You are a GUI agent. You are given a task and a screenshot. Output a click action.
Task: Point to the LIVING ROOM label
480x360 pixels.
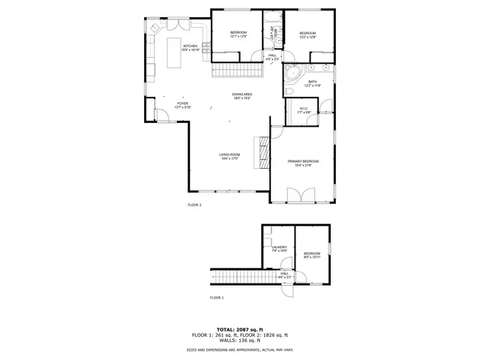coord(229,156)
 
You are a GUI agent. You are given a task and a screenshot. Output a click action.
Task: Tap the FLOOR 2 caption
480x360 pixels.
coord(194,204)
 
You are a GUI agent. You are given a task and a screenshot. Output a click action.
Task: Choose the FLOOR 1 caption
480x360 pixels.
coord(217,298)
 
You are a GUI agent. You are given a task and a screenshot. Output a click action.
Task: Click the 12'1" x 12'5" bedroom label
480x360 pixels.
coord(238,34)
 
